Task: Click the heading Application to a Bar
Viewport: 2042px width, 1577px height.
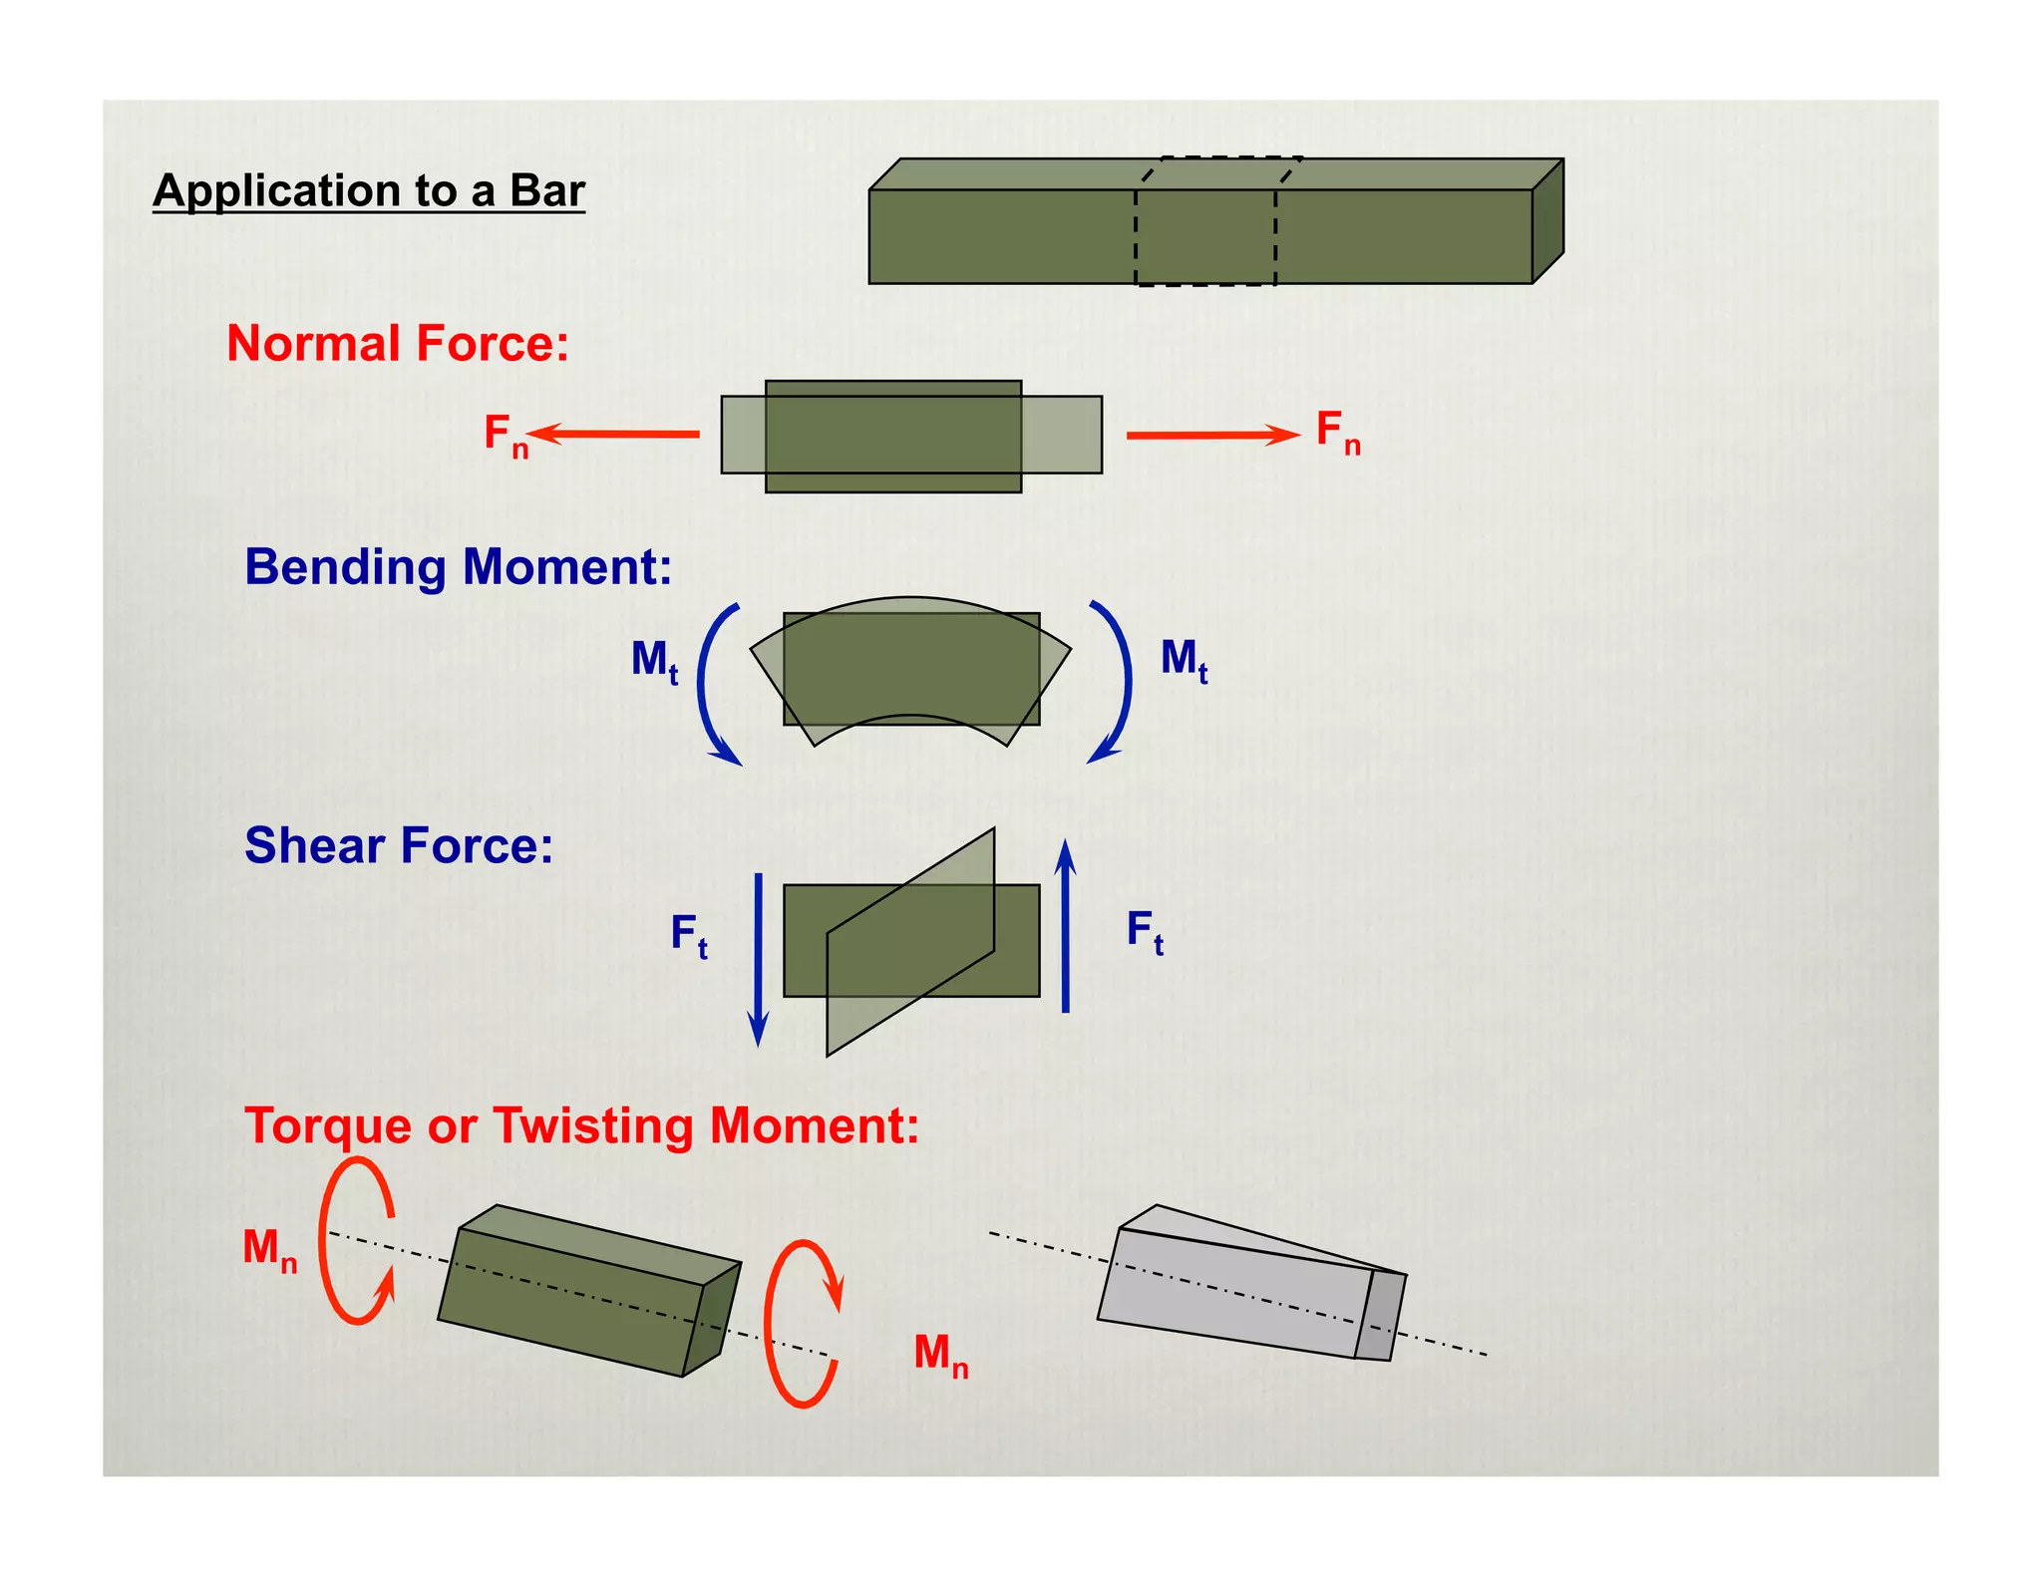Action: tap(368, 190)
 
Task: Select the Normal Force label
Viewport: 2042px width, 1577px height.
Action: tap(397, 343)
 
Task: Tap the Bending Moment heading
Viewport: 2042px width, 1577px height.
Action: tap(458, 566)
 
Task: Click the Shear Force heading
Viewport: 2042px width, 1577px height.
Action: tap(398, 845)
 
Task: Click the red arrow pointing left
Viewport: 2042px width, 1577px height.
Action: tap(614, 434)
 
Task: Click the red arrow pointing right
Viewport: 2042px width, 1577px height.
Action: tap(1212, 435)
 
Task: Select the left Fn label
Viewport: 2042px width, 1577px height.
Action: tap(505, 435)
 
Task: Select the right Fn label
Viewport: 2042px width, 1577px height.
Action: tap(1337, 432)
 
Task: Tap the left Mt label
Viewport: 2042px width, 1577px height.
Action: tap(654, 661)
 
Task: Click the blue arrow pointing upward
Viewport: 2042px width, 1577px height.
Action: tap(1066, 926)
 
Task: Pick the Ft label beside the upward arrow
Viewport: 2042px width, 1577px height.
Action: tap(1145, 931)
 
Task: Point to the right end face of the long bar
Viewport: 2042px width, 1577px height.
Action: tap(1547, 221)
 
